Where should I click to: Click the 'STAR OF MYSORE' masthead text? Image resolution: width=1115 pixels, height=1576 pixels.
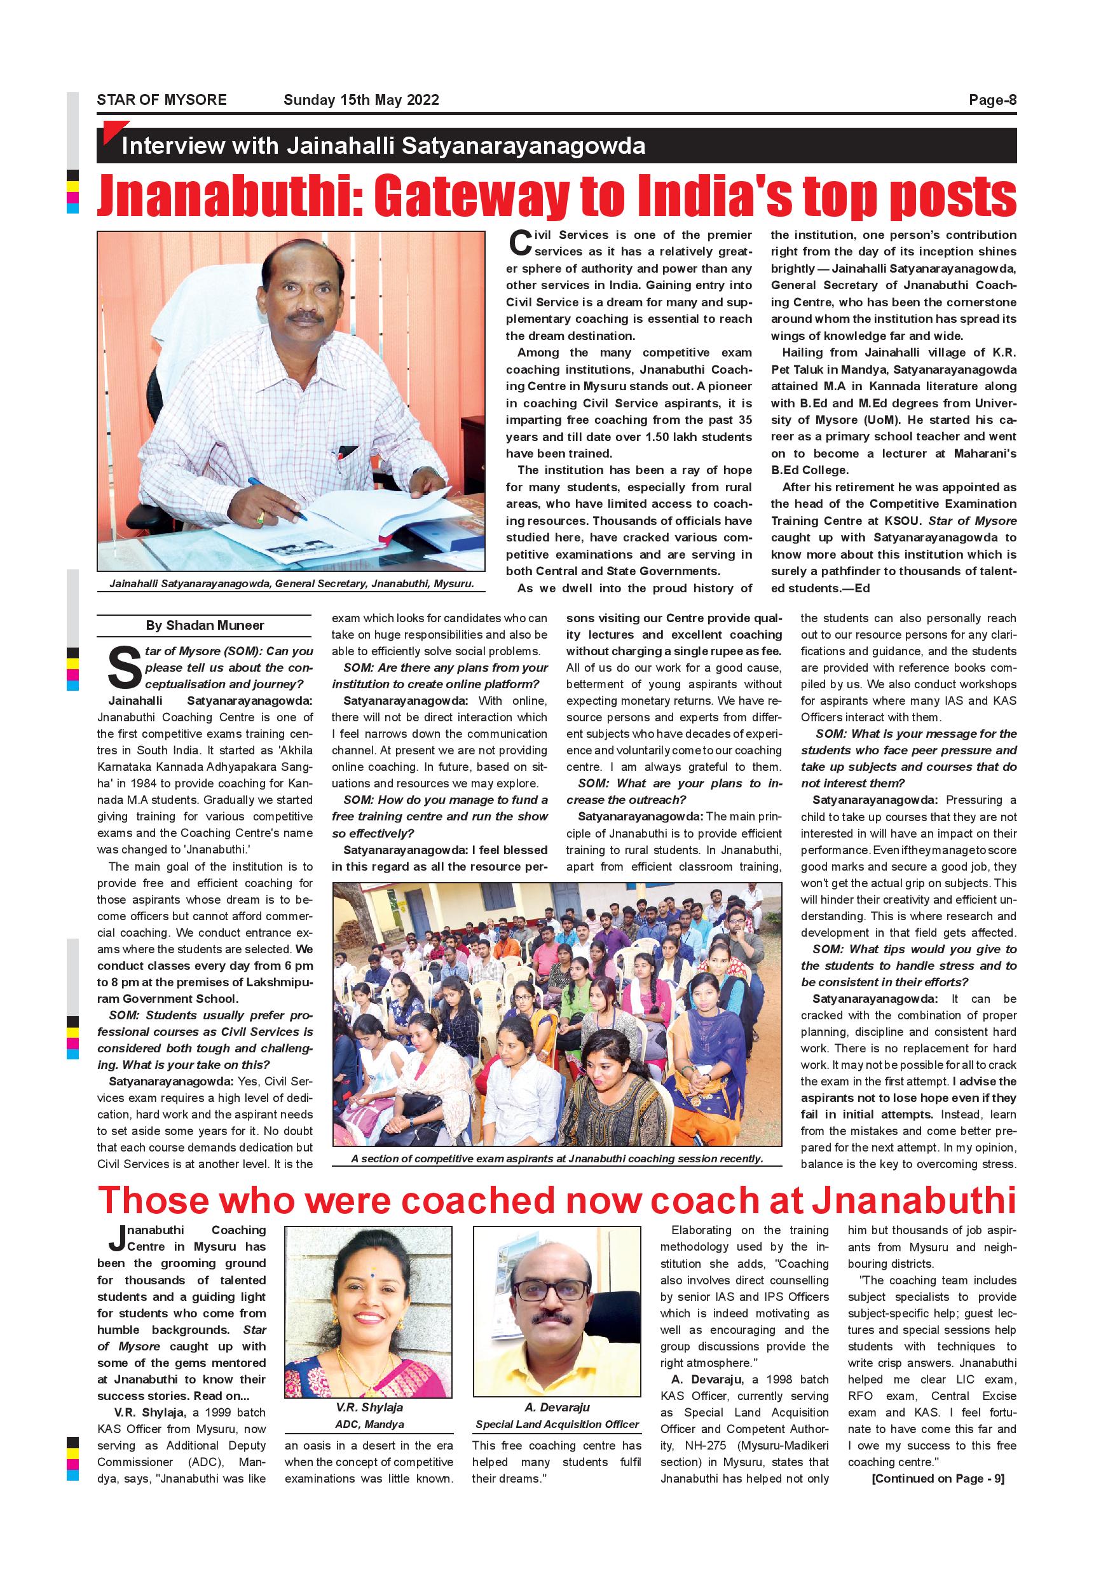tap(161, 100)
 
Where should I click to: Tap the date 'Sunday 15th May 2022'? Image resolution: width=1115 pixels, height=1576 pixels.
tap(361, 100)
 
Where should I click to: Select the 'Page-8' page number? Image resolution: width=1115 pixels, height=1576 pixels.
tap(992, 100)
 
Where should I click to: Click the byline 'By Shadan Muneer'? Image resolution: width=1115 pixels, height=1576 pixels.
tap(205, 625)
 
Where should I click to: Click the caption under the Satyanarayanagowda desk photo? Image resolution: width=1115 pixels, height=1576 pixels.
tap(291, 583)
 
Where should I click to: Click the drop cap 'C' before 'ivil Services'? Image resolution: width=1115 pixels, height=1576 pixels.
tap(521, 243)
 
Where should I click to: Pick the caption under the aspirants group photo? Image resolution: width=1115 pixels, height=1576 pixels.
tap(557, 1158)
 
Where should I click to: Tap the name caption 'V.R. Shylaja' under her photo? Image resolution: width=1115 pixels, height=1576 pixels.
tap(369, 1407)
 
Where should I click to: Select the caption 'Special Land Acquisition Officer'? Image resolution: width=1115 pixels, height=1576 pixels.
tap(557, 1424)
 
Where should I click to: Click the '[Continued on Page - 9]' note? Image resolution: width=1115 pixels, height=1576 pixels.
tap(937, 1479)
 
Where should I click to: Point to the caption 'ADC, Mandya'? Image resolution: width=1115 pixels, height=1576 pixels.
tap(369, 1424)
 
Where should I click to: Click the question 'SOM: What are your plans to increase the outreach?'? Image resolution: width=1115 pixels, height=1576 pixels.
tap(674, 791)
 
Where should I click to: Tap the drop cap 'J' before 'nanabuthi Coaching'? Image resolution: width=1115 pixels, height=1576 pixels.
tap(117, 1239)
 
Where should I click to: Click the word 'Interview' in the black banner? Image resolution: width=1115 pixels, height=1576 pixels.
tap(174, 146)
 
